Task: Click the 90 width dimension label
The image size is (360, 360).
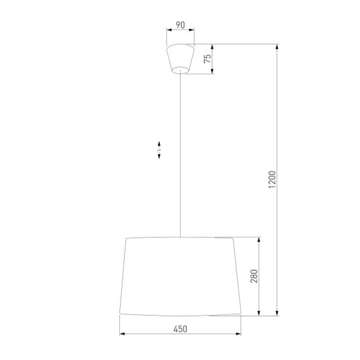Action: (180, 25)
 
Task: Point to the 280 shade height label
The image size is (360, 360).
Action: (254, 276)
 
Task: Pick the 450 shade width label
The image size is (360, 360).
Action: (180, 328)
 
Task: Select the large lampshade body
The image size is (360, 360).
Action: (180, 276)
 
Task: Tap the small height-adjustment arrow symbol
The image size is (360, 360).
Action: (159, 150)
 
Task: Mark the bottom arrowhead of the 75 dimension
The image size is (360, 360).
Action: (213, 71)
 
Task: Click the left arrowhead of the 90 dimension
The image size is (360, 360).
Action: (168, 30)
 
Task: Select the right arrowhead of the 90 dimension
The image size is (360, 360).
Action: (193, 30)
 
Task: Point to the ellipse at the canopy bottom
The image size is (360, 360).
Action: (180, 70)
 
